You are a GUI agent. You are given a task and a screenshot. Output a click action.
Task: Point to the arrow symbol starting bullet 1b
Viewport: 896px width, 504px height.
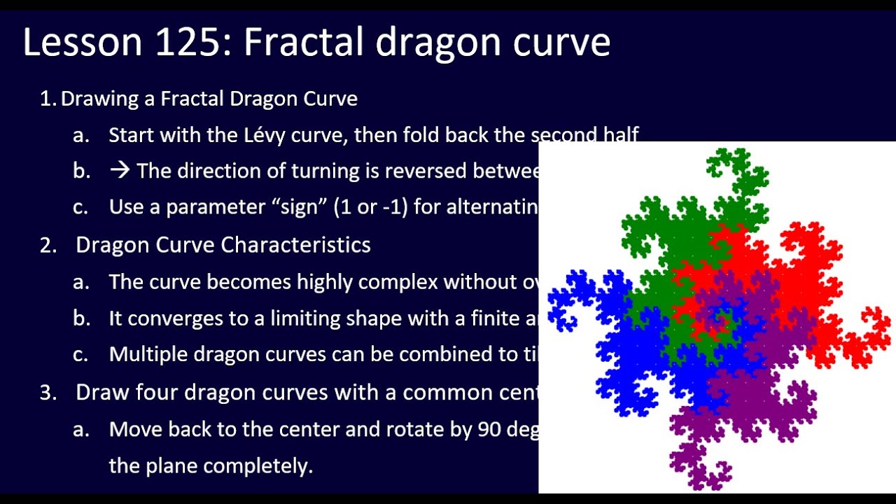tap(119, 171)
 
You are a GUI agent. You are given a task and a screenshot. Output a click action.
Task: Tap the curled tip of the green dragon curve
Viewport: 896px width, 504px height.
tap(721, 164)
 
